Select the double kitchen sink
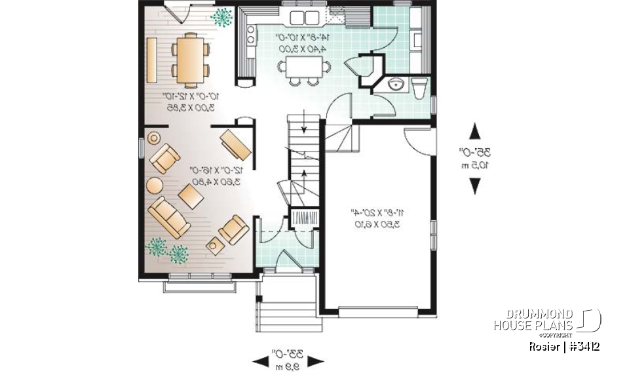(x=303, y=18)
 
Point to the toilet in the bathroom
(x=419, y=86)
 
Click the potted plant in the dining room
(x=222, y=17)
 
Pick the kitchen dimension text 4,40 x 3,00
(x=305, y=49)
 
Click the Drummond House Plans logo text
(x=533, y=320)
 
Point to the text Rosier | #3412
(x=564, y=346)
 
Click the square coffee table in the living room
(x=191, y=195)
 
